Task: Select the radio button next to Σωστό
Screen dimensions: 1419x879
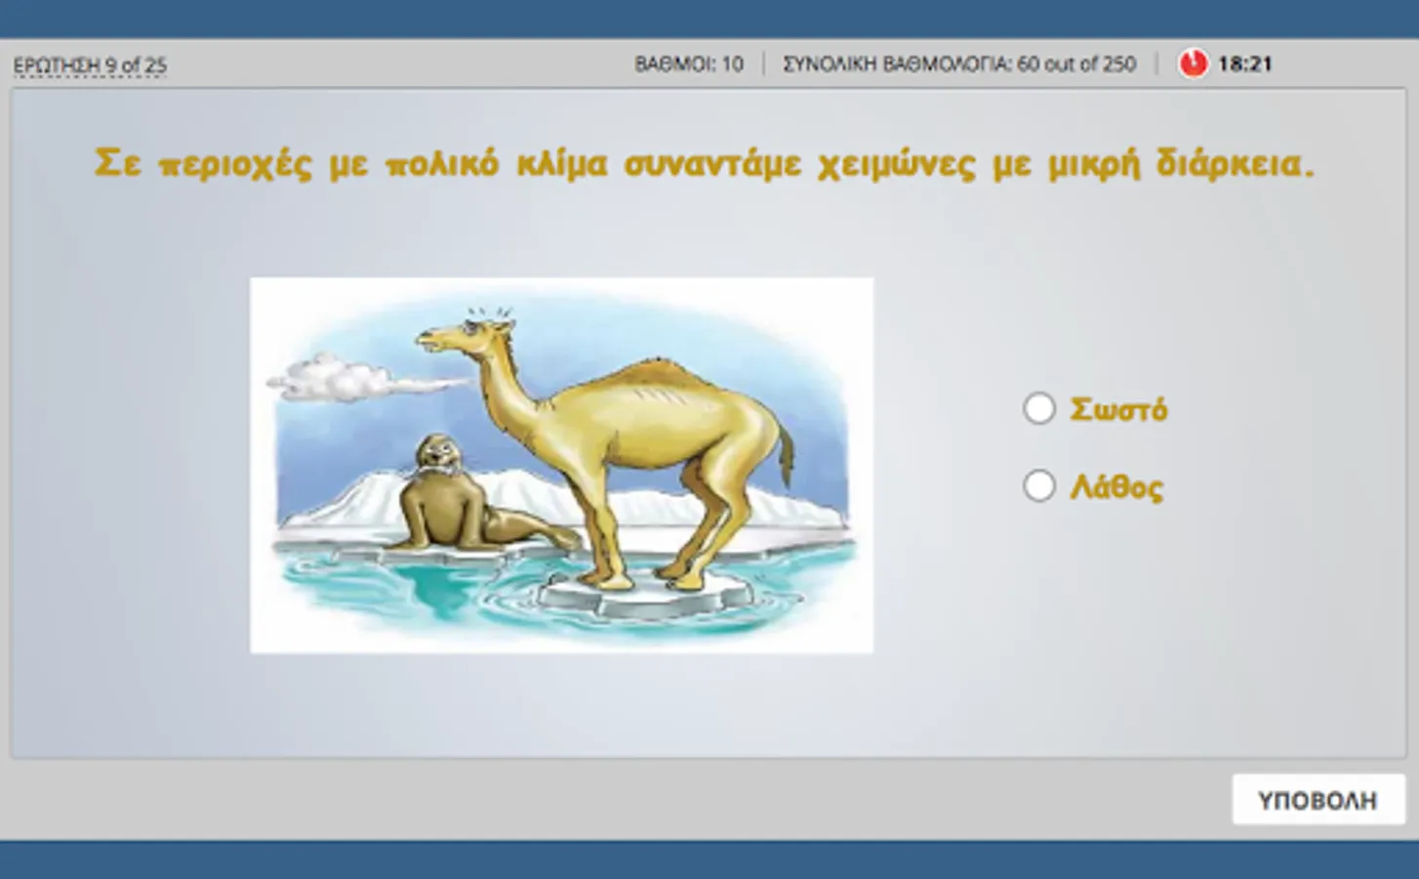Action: [x=1039, y=408]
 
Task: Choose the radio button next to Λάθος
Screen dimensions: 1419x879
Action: [x=1039, y=486]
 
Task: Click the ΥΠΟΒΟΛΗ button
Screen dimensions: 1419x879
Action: [x=1318, y=800]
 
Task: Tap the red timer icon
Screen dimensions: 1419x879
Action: [x=1193, y=64]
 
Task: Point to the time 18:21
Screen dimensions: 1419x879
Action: [x=1244, y=64]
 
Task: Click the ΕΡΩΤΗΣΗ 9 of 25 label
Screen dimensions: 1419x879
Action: [x=90, y=64]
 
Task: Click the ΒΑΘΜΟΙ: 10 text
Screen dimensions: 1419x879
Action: [x=689, y=64]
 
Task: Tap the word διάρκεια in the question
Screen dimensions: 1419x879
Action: [x=1236, y=165]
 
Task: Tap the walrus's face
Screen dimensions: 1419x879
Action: [x=437, y=456]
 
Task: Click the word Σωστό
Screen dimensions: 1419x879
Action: [x=1118, y=410]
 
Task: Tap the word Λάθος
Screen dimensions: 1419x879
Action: [x=1116, y=487]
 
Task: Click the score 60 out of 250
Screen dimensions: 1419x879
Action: [x=1076, y=64]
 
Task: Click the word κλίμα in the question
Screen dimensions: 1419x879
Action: [x=562, y=165]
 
